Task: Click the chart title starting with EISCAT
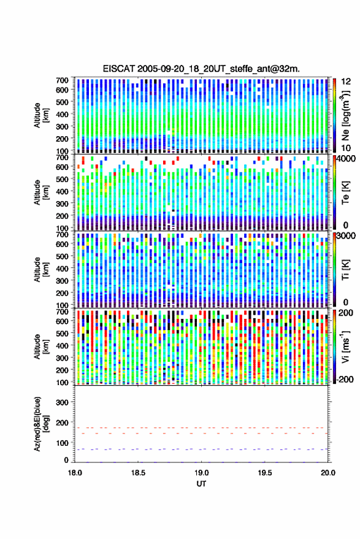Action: coord(201,69)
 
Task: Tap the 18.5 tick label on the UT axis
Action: coord(138,473)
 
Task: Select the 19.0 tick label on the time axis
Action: coord(201,473)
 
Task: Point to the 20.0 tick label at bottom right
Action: coord(327,473)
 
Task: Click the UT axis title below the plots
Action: coord(201,484)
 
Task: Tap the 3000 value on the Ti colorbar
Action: coord(345,236)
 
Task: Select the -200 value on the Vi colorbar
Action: coord(343,380)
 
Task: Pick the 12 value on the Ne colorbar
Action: coord(346,82)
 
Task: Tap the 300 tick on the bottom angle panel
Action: coord(62,402)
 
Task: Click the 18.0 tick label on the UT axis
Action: coord(75,473)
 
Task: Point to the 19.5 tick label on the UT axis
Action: coord(264,473)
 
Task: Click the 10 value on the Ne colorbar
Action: coord(345,148)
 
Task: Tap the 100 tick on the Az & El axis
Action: coord(62,443)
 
